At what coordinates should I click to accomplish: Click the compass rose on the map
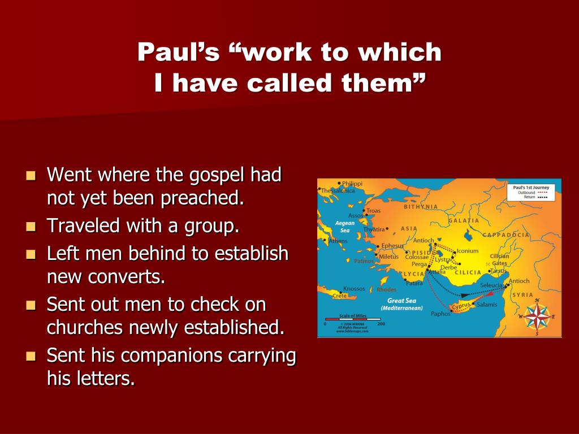point(537,316)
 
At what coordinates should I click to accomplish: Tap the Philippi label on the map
point(352,184)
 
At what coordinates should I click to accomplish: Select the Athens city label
point(338,241)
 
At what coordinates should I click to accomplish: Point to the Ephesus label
point(392,245)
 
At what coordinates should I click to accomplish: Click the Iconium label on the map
point(468,251)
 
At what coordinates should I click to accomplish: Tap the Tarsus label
point(499,271)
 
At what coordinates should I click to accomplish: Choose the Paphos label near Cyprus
point(440,314)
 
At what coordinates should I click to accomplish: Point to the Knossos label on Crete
point(354,288)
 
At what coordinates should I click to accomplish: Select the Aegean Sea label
point(345,226)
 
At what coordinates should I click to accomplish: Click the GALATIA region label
point(464,220)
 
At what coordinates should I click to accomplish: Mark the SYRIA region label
point(522,294)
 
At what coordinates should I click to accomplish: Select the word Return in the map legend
point(529,198)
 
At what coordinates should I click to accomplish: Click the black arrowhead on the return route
point(464,295)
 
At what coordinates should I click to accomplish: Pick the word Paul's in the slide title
point(178,53)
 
